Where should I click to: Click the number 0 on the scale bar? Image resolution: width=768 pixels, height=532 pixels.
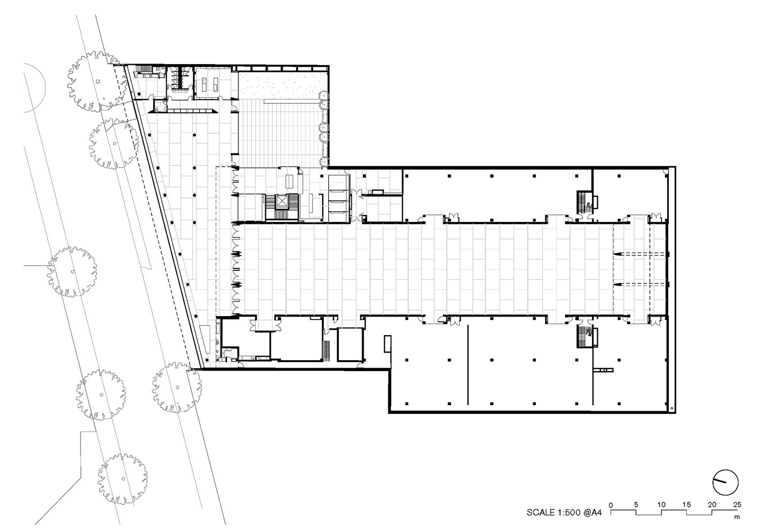coord(610,505)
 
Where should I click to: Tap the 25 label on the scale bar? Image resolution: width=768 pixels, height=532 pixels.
coord(737,504)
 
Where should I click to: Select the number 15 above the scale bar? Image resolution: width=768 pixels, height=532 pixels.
coord(686,504)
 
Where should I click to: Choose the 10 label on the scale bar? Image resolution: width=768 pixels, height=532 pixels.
coord(661,504)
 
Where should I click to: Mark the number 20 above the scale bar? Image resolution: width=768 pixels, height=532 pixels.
coord(712,504)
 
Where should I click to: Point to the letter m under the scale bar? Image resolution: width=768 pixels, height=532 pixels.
coord(737,517)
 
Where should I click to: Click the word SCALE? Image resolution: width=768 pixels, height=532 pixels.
coord(541,512)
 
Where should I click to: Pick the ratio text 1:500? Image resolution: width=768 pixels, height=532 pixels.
coord(569,512)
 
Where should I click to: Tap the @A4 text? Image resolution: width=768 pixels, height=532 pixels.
coord(592,512)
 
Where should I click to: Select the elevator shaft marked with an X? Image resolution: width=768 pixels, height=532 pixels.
coord(282,201)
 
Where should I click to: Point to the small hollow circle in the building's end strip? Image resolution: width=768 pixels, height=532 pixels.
coord(671,408)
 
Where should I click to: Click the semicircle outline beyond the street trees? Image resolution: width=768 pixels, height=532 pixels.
coord(45,88)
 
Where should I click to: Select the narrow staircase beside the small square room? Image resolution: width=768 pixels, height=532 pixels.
coord(326,351)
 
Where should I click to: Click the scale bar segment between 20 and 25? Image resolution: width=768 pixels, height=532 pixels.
coord(724,510)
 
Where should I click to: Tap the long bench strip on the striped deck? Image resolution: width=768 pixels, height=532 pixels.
coord(291,101)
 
